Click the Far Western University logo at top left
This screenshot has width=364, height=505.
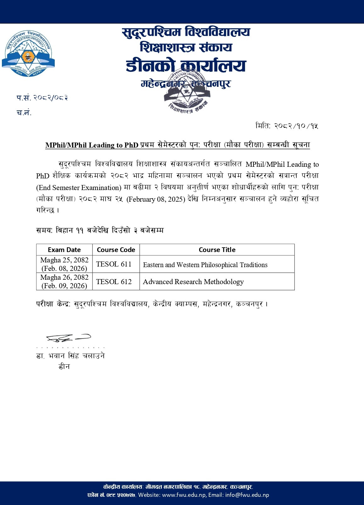tap(28, 53)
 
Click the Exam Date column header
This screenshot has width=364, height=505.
tap(64, 250)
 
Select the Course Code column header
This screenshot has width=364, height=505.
tap(116, 250)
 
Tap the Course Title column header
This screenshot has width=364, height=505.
tap(217, 250)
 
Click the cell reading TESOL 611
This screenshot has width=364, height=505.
tap(114, 264)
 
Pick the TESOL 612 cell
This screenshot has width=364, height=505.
tap(114, 282)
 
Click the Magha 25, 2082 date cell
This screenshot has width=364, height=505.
tap(64, 264)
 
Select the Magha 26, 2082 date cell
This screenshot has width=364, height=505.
tap(64, 281)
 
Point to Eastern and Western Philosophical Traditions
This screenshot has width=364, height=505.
tap(205, 265)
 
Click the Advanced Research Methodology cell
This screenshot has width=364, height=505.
tap(193, 282)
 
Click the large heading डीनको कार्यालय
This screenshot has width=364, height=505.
tap(186, 66)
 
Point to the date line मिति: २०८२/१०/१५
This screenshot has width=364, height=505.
tap(287, 126)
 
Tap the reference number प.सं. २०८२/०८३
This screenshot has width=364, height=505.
tap(42, 98)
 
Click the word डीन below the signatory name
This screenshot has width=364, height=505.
tap(64, 367)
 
